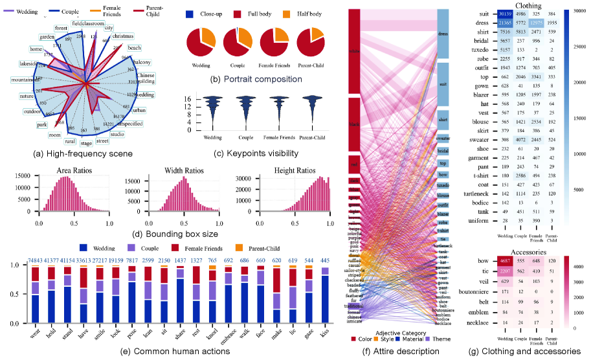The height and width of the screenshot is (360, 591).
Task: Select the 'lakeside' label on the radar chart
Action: [28, 65]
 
